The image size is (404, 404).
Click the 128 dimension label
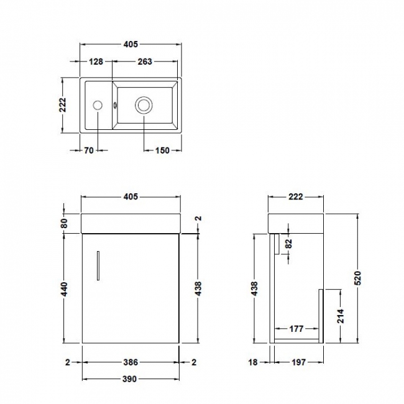point(96,62)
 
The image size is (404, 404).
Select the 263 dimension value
point(145,62)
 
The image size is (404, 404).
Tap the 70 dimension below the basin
point(89,150)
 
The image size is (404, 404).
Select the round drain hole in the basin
point(144,105)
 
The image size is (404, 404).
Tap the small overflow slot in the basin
point(115,105)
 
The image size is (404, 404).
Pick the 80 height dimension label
point(64,223)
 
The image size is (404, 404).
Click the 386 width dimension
point(129,362)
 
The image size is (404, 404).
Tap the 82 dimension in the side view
point(287,244)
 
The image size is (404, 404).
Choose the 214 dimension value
point(339,317)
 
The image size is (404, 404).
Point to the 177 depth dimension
point(296,329)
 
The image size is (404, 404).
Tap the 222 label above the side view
point(295,197)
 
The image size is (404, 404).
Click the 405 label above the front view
point(130,197)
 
